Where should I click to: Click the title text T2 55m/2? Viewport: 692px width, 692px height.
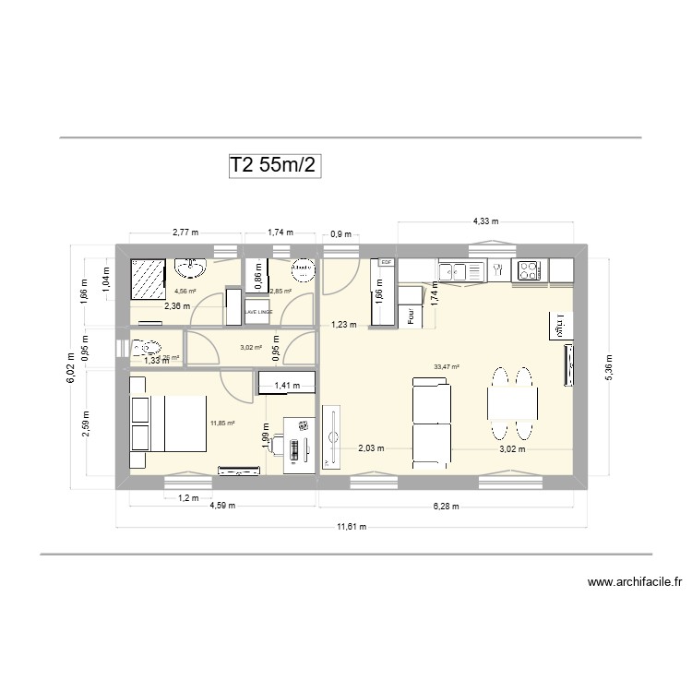coord(276,165)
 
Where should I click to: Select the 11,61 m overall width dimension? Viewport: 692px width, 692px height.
coord(351,527)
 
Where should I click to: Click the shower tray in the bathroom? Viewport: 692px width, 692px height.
coord(147,278)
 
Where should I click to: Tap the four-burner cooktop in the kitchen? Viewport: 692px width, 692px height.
coord(530,271)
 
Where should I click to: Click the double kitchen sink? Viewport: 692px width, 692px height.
coord(462,270)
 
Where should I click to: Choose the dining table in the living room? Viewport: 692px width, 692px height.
coord(512,402)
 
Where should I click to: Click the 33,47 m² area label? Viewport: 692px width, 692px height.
coord(447,366)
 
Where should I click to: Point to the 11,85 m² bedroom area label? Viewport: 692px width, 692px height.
coord(222,424)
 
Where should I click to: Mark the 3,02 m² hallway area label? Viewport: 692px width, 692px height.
coord(251,348)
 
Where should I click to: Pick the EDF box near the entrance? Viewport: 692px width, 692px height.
coord(386,263)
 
